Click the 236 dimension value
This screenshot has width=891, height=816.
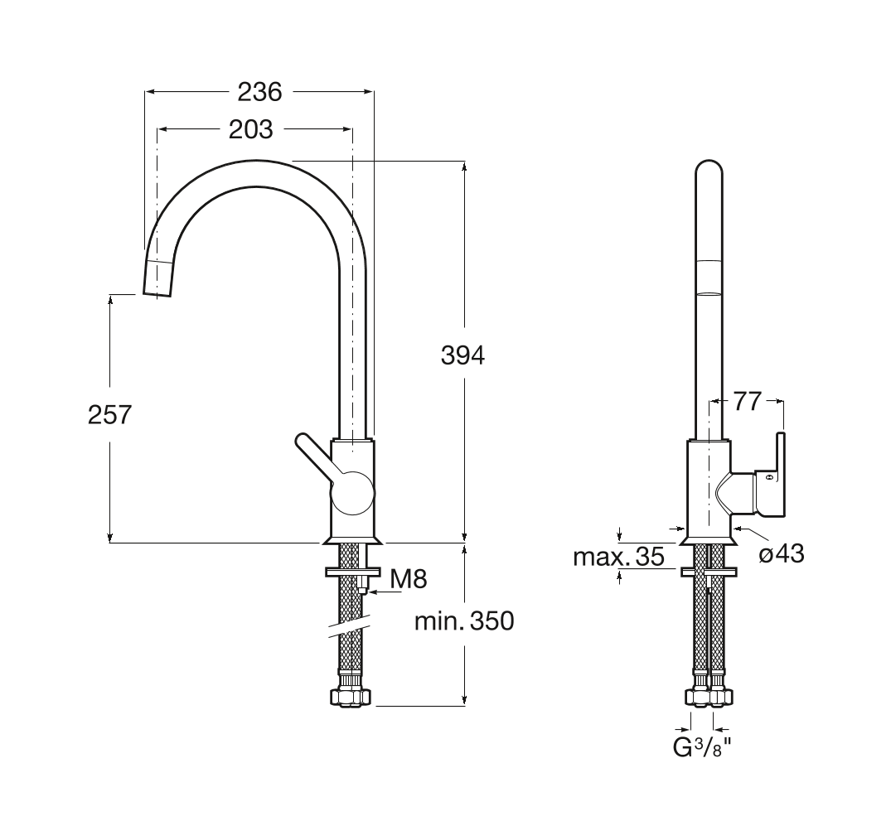[259, 92]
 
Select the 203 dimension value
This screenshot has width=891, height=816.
[250, 129]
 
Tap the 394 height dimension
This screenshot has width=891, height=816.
[462, 355]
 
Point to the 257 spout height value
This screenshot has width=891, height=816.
[110, 414]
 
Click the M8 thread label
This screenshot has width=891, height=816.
[409, 578]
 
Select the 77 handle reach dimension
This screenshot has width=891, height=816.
[747, 402]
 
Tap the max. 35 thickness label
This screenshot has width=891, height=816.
[618, 557]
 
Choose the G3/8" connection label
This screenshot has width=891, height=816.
[702, 748]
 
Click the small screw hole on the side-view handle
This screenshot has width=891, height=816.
[768, 478]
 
